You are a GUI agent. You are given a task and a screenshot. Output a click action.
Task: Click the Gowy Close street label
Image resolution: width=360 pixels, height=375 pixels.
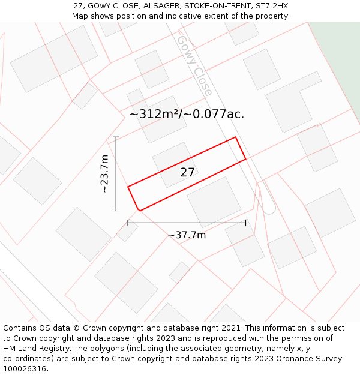tap(194, 65)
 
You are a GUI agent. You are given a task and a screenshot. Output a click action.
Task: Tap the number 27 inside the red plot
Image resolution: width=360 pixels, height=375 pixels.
tap(187, 172)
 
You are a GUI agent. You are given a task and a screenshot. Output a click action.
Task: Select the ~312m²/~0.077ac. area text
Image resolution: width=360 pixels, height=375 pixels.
tap(187, 114)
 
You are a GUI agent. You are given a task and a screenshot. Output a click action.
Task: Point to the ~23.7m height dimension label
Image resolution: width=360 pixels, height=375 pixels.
tap(104, 173)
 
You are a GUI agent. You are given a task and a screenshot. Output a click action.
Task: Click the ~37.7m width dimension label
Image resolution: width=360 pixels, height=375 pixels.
tap(187, 235)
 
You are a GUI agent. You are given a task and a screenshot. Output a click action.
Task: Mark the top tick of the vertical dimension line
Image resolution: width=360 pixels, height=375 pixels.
tap(116, 137)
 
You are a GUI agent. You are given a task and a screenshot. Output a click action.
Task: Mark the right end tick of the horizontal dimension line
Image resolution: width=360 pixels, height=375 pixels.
tap(245, 223)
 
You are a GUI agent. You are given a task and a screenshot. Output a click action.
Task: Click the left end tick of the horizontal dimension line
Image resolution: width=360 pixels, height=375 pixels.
tap(128, 223)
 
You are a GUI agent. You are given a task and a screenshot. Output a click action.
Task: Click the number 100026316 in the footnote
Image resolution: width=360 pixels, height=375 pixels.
tap(24, 368)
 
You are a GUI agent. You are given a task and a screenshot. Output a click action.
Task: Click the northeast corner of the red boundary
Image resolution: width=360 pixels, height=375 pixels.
tap(235, 137)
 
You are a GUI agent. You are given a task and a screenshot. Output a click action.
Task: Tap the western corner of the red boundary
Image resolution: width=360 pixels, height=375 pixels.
tap(128, 187)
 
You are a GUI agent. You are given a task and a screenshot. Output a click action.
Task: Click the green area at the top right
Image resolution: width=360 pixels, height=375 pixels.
tap(339, 60)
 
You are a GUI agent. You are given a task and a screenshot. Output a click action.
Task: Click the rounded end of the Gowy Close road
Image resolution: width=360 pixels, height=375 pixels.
tap(269, 208)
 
